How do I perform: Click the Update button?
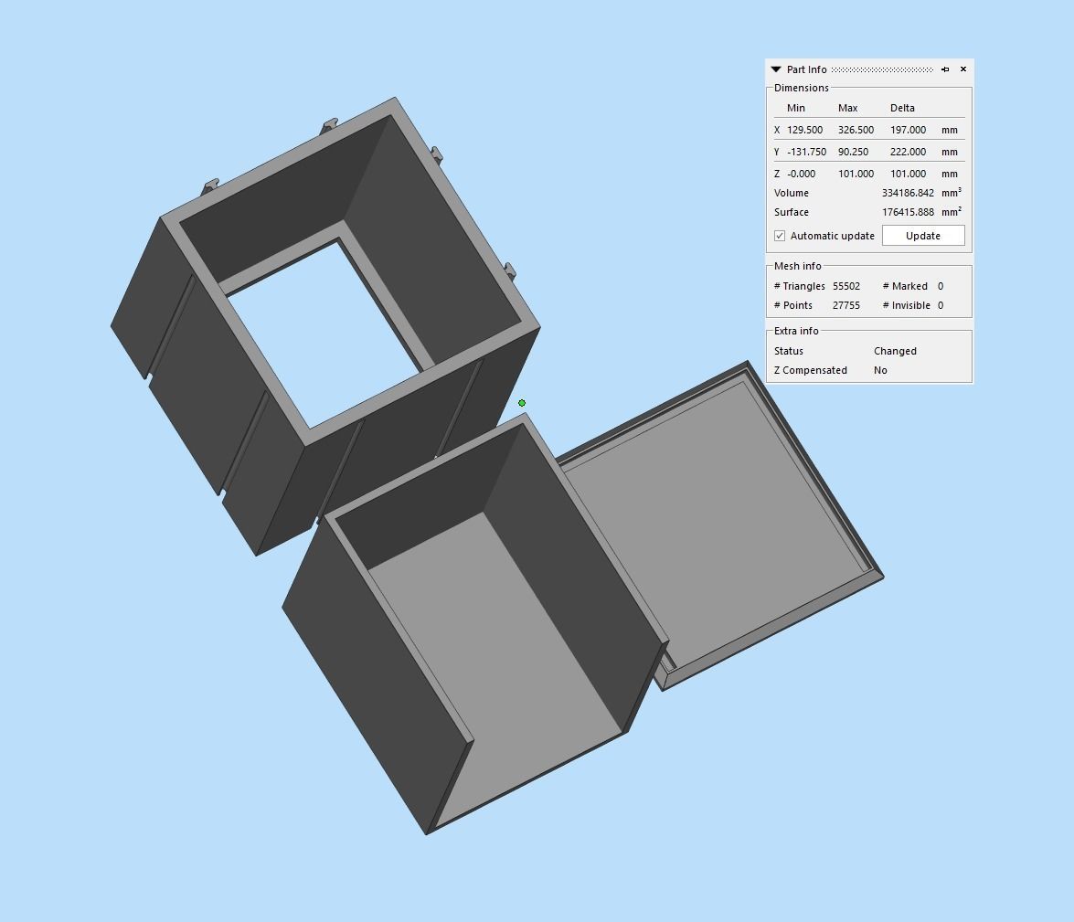coord(922,236)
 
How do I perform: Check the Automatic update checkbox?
coord(780,236)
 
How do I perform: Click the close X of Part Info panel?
coord(963,69)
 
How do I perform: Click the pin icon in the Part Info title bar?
coord(945,69)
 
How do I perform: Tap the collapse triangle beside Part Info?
coord(776,69)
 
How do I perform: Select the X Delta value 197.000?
coord(908,130)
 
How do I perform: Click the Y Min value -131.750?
coord(806,152)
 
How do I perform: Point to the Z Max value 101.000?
coord(856,174)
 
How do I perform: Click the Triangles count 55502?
coord(846,286)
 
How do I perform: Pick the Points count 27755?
coord(846,305)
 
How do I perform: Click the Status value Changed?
coord(895,351)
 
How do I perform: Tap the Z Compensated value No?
coord(880,370)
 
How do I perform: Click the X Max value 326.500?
coord(856,130)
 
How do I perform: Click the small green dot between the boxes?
coord(522,403)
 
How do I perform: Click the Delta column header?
coord(902,108)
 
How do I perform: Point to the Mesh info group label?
coord(798,266)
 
